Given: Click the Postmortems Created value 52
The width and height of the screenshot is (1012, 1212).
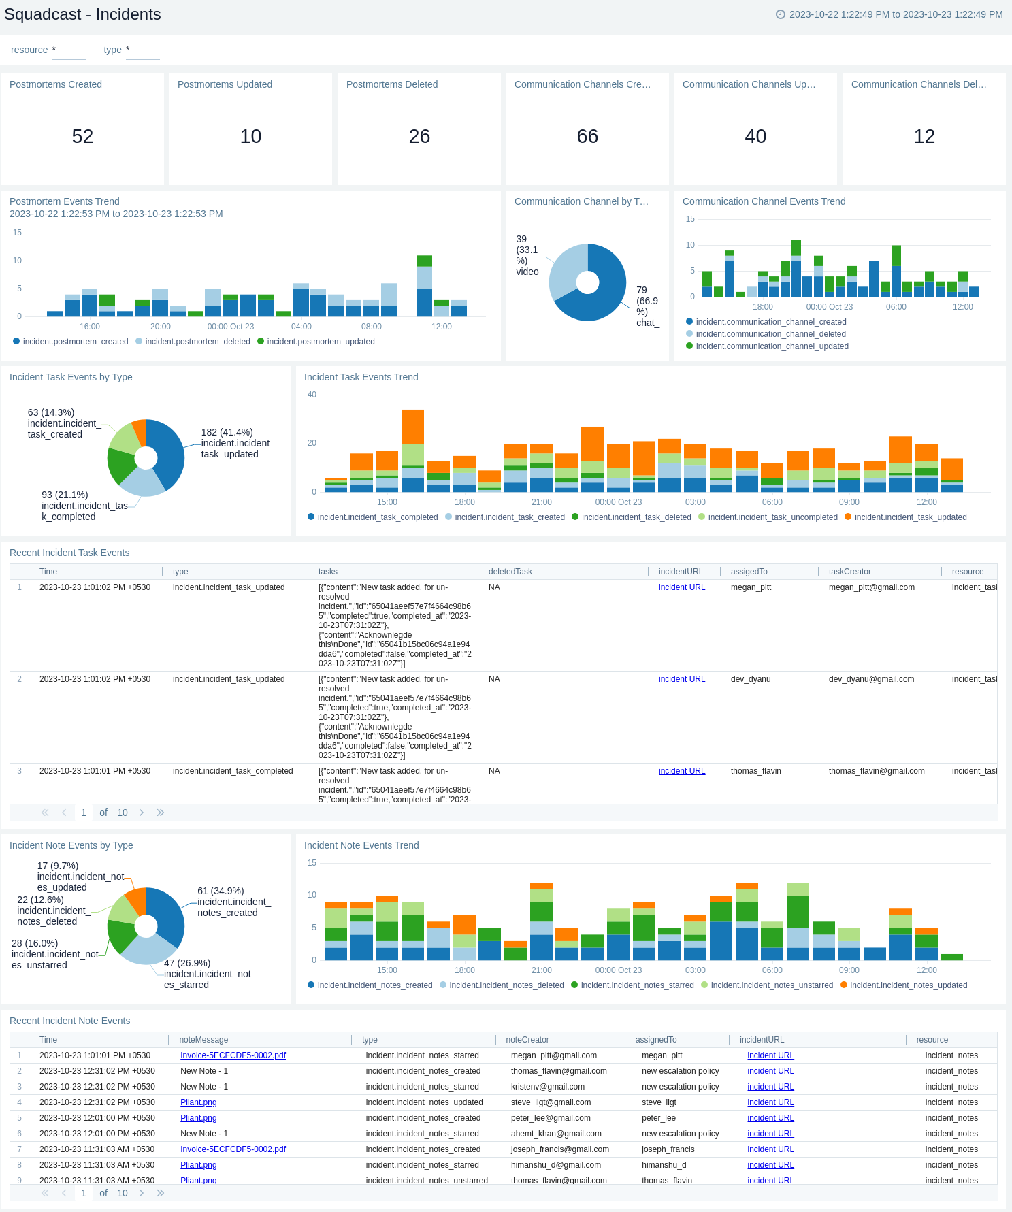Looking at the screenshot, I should tap(82, 136).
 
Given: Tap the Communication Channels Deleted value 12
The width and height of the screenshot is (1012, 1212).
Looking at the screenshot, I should tap(924, 136).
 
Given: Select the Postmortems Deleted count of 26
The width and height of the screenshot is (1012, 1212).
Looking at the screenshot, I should tap(419, 136).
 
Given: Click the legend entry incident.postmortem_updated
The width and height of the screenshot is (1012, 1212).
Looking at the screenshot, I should tap(321, 342).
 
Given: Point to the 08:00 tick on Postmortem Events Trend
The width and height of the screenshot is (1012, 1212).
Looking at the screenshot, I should tap(372, 327).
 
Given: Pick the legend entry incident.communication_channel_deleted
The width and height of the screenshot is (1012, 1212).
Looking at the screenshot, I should tap(770, 334).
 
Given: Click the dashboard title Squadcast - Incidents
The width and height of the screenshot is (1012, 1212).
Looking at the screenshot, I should tap(82, 14).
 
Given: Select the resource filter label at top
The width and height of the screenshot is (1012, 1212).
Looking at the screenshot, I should tap(29, 50).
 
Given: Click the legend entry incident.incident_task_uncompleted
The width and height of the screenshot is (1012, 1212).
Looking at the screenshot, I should tap(772, 517).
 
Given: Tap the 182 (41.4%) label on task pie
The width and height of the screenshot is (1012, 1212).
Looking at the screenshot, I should tap(227, 432).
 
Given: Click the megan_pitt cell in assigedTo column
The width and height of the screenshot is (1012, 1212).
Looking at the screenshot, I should tap(751, 587).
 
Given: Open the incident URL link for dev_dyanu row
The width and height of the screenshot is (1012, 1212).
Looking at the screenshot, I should tap(681, 679).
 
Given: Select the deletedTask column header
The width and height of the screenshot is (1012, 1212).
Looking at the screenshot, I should tap(510, 572).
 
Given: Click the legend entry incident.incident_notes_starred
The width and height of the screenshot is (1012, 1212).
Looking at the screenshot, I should tap(637, 985).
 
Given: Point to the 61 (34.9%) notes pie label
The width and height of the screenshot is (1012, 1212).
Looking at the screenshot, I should tap(221, 891).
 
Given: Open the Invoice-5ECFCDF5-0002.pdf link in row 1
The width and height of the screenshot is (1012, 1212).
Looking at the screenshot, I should tap(233, 1055).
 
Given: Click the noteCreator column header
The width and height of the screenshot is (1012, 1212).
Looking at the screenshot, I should tap(527, 1040).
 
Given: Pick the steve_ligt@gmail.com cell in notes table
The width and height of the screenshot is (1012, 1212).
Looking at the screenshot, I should tap(551, 1102).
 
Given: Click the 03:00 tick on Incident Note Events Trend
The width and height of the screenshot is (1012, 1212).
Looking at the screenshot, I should tap(695, 970).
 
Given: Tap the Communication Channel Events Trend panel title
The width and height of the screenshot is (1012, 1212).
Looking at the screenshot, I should tap(764, 201).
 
